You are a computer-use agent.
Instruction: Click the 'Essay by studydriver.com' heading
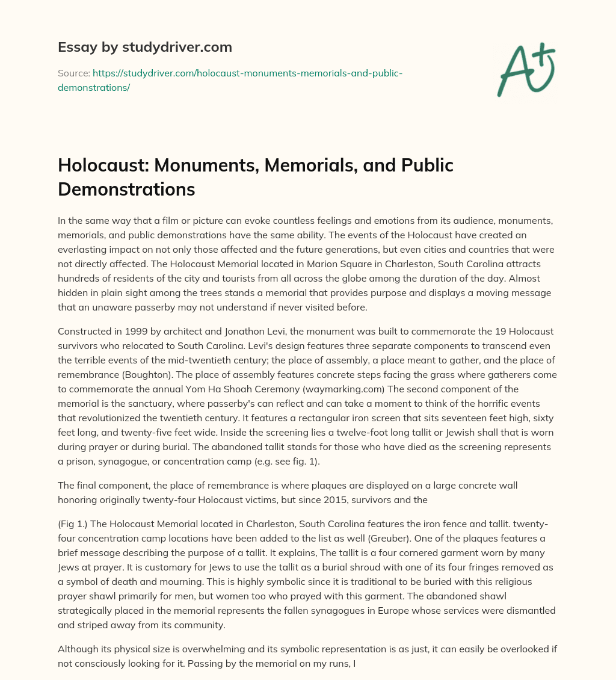tap(144, 47)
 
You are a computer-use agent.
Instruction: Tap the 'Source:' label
tap(73, 73)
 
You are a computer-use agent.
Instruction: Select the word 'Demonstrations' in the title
tap(126, 188)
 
